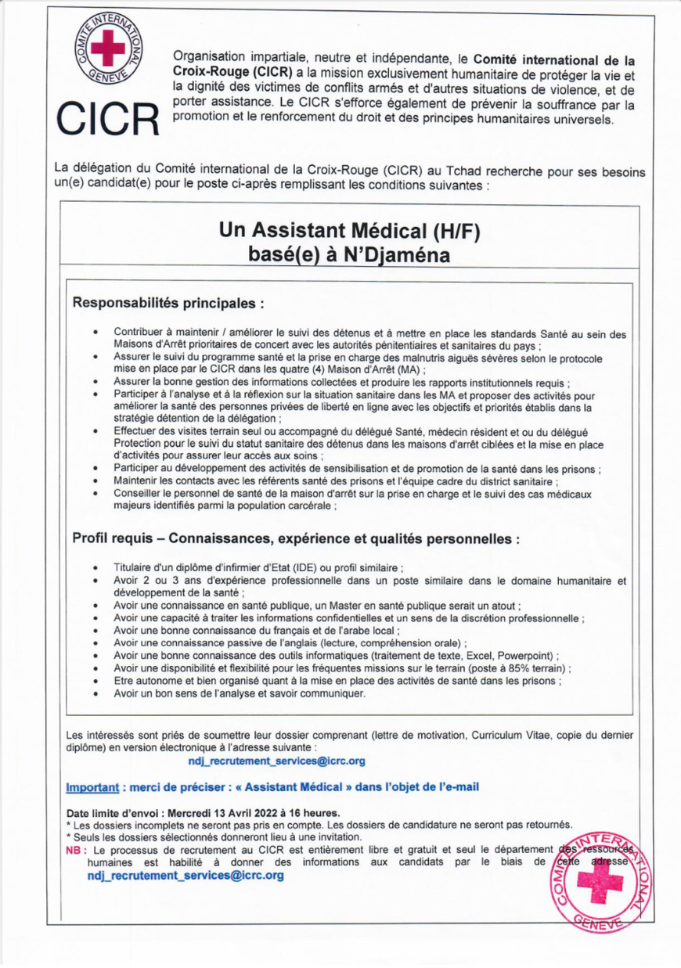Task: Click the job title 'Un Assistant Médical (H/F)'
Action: (349, 230)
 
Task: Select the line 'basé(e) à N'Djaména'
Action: (349, 256)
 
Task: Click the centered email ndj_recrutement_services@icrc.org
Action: (276, 761)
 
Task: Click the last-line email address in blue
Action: (186, 876)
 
